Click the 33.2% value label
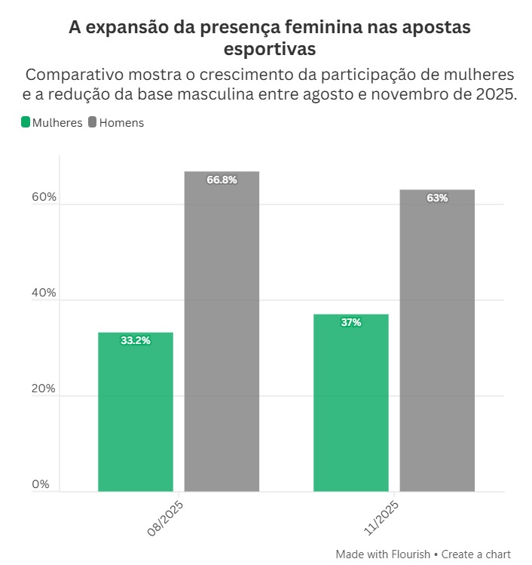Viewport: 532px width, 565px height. (x=136, y=341)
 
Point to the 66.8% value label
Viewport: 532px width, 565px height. (x=222, y=180)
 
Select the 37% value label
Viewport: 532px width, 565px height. (x=350, y=323)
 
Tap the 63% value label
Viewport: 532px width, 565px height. (x=437, y=198)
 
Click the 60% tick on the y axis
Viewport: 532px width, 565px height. (x=44, y=198)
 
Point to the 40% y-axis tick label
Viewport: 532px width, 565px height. (x=44, y=293)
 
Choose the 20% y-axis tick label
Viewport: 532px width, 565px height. (x=44, y=389)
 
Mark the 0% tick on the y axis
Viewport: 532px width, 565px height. (x=41, y=485)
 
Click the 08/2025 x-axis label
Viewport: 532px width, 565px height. (x=167, y=517)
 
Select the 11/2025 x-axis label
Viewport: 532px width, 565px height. (x=381, y=517)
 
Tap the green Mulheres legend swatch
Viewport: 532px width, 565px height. (x=26, y=122)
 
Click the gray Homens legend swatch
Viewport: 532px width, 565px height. (x=93, y=122)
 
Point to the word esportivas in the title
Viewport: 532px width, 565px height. (x=269, y=49)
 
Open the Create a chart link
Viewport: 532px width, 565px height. (x=476, y=554)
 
